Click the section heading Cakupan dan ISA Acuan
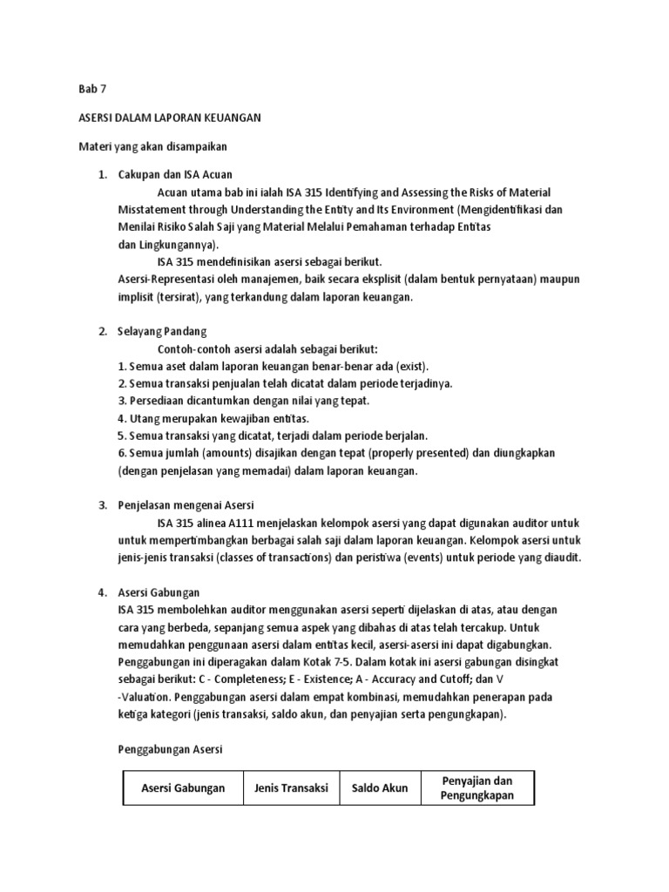pos(175,174)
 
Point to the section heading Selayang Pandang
pos(162,331)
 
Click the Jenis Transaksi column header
pos(291,788)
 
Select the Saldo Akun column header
pos(379,788)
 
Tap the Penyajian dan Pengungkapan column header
pos(477,788)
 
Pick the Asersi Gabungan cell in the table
pos(183,788)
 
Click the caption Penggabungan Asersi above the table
pos(170,749)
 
